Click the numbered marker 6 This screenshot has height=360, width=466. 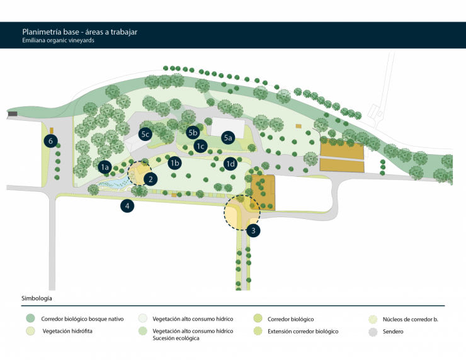pyautogui.click(x=50, y=140)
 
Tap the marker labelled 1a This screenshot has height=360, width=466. pyautogui.click(x=105, y=167)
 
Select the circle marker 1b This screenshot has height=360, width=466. pyautogui.click(x=176, y=163)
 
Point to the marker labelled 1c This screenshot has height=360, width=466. pyautogui.click(x=201, y=147)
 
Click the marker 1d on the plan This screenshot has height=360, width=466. pyautogui.click(x=230, y=164)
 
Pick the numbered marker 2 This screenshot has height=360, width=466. pyautogui.click(x=150, y=179)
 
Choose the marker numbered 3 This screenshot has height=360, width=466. pyautogui.click(x=253, y=230)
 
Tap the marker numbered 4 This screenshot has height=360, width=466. pyautogui.click(x=128, y=205)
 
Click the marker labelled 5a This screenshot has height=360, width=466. pyautogui.click(x=228, y=137)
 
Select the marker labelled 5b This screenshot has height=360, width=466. pyautogui.click(x=193, y=132)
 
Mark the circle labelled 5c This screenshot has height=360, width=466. pyautogui.click(x=145, y=133)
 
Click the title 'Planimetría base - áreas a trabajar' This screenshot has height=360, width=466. pyautogui.click(x=79, y=31)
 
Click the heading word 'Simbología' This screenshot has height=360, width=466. pyautogui.click(x=37, y=297)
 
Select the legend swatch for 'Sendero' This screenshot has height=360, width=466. pyautogui.click(x=373, y=331)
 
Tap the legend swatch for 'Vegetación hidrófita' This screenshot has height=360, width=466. pyautogui.click(x=30, y=331)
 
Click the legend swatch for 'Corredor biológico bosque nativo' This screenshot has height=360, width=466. pyautogui.click(x=30, y=319)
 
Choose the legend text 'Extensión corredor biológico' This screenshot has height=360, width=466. pyautogui.click(x=302, y=331)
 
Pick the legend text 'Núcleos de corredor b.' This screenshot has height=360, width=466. pyautogui.click(x=410, y=319)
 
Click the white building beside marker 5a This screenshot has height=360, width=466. pyautogui.click(x=227, y=125)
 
